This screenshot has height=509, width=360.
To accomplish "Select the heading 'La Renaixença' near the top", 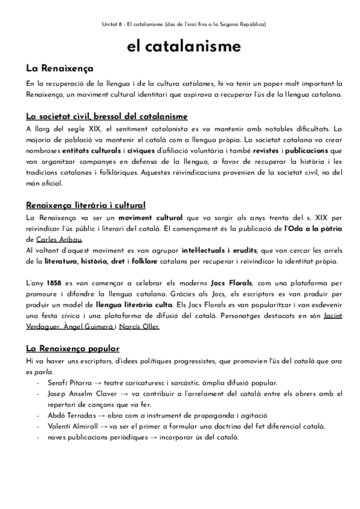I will [x=59, y=68].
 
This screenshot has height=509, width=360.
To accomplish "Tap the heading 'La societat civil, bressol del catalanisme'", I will [x=107, y=116].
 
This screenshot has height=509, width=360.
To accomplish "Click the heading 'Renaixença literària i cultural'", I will [x=85, y=205].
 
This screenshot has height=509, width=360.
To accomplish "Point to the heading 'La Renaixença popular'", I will [x=73, y=348].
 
